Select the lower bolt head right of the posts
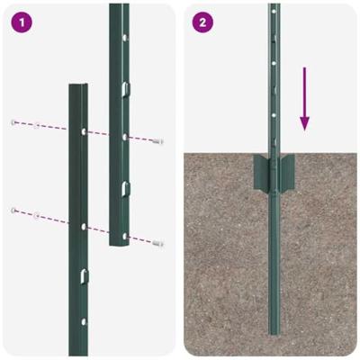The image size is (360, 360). [160, 243]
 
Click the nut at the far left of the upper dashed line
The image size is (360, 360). [13, 121]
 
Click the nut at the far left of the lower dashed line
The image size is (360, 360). [13, 210]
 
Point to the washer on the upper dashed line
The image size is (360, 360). [36, 125]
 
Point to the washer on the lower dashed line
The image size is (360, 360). [36, 214]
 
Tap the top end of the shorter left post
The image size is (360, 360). [80, 87]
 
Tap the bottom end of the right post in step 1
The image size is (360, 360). [119, 242]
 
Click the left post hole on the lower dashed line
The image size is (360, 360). [83, 227]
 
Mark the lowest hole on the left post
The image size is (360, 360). [83, 320]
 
